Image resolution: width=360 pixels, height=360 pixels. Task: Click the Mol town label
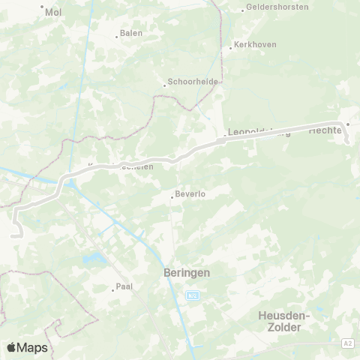point(53,12)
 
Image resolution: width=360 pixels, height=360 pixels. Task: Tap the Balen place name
point(131,34)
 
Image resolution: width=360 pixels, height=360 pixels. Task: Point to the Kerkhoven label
point(256,44)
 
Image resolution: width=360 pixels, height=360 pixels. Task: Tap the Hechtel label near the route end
point(325,130)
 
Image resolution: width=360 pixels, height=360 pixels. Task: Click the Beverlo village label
point(190,194)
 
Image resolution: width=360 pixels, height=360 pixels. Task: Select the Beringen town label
point(186,274)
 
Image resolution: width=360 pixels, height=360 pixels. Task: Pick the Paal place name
point(124,286)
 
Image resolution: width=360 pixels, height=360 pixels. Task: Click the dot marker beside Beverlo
point(172,197)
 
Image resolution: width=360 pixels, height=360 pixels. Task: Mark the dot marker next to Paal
point(112,289)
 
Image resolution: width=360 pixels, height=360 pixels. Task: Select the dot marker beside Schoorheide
point(165,85)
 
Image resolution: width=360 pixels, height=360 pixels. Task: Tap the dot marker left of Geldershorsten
point(243,10)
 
